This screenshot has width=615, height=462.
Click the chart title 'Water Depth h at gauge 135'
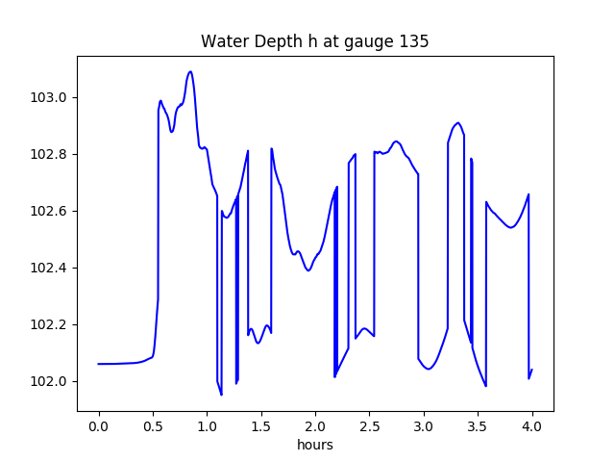tap(314, 42)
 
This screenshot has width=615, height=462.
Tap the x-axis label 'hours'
tap(314, 446)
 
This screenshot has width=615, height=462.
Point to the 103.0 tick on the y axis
tap(50, 97)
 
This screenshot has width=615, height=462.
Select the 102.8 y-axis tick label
tap(50, 154)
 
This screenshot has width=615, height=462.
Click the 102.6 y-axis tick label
tap(50, 211)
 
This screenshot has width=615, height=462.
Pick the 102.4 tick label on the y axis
tap(50, 268)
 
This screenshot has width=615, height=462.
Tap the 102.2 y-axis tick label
tap(50, 324)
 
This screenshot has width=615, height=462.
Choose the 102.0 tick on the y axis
tap(50, 381)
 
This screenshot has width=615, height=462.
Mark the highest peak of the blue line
tap(190, 71)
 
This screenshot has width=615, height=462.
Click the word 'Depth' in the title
tap(266, 42)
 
